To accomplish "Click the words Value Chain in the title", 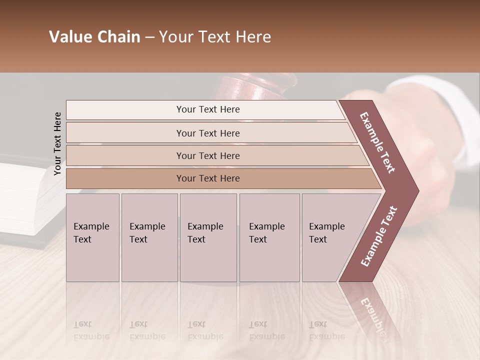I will [x=94, y=37].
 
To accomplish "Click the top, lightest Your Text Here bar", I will [x=207, y=109].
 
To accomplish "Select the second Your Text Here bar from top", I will [x=207, y=133].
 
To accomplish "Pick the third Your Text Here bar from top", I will [x=207, y=155].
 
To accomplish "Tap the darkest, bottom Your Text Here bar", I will [x=207, y=178].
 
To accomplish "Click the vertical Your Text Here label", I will [x=57, y=143].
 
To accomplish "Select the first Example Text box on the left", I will [x=92, y=237].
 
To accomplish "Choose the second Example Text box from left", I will [x=149, y=237].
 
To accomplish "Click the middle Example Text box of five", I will [x=208, y=237].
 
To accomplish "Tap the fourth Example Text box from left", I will [x=269, y=237].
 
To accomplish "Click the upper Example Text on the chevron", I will [x=377, y=142].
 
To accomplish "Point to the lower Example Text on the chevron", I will [x=379, y=236].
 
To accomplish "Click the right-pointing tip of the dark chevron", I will [x=415, y=190].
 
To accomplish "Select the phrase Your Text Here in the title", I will [x=215, y=37].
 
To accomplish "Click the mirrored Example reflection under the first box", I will [x=91, y=336].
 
